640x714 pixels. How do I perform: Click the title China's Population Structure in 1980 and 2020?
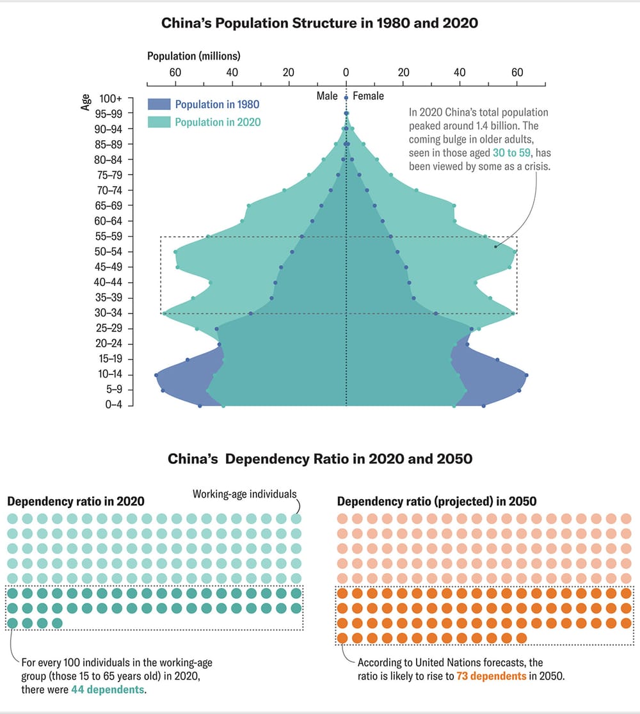coord(319,24)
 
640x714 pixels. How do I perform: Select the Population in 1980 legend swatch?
coord(159,104)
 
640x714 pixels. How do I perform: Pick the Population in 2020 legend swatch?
coord(159,122)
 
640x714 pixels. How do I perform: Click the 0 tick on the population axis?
coord(346,73)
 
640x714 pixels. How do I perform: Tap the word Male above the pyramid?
coord(327,96)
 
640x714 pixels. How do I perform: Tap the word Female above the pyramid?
coord(369,96)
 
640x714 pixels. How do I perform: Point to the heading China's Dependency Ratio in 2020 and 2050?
coord(320,459)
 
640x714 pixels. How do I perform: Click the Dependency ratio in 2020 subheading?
coord(76,502)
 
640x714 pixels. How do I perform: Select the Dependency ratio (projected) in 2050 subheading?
coord(436,502)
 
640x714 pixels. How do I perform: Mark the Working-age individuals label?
coord(244,494)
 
